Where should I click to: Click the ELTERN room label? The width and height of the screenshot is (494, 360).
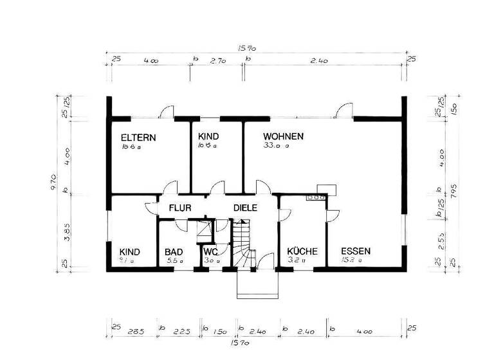pyautogui.click(x=138, y=138)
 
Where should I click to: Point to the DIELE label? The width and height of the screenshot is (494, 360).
pyautogui.click(x=245, y=208)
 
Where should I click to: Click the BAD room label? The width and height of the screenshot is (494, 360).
pyautogui.click(x=174, y=252)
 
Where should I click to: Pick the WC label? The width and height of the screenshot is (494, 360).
pyautogui.click(x=212, y=252)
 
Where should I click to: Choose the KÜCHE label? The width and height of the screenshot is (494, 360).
pyautogui.click(x=302, y=252)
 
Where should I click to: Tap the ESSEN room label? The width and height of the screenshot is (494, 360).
pyautogui.click(x=356, y=251)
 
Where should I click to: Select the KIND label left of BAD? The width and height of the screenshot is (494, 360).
pyautogui.click(x=129, y=252)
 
